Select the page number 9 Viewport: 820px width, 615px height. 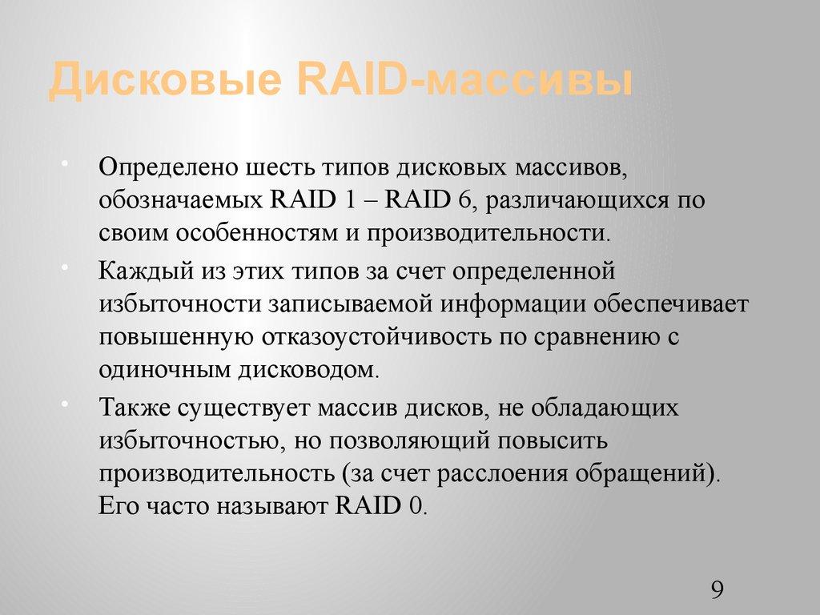click(717, 591)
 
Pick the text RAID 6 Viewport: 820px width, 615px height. click(429, 199)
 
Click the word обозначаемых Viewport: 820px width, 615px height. click(179, 199)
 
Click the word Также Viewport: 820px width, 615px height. click(132, 408)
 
